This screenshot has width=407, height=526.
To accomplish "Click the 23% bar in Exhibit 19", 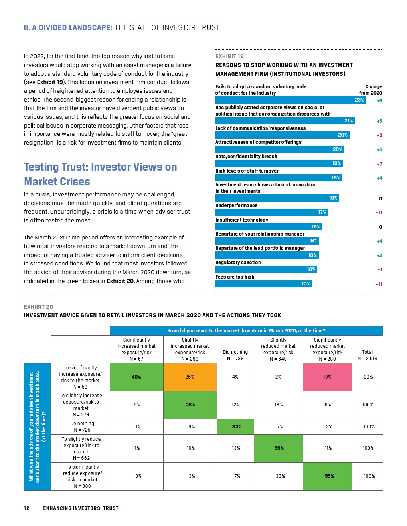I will coord(290,100).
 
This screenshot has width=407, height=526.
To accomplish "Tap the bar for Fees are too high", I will coord(263,284).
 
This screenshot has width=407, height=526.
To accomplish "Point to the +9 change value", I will coord(379,101).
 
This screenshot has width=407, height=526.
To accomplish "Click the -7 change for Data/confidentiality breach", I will coord(379,164).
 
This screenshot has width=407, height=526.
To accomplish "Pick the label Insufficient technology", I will coord(242,220).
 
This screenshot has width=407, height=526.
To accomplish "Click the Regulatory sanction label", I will coord(238,263).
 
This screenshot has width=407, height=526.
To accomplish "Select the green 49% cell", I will coord(136,377).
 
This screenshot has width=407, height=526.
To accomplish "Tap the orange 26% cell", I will coord(190,377).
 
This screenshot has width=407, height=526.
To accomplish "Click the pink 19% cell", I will coord(327,377).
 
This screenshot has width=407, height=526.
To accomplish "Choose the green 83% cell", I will coord(237,427).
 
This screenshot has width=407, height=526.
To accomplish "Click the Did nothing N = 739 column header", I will coord(235,355).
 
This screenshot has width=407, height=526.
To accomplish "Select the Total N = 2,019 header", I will coord(367,355).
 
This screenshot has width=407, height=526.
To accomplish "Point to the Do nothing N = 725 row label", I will coord(82,427).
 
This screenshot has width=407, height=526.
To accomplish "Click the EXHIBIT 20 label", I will coord(38,307).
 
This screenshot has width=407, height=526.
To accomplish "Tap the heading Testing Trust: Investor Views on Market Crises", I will coord(101,174).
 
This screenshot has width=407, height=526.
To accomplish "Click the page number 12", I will coord(27,508).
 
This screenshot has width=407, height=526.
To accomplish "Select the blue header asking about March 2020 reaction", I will coord(246,331).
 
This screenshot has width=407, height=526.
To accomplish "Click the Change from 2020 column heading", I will coord(371,90).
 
